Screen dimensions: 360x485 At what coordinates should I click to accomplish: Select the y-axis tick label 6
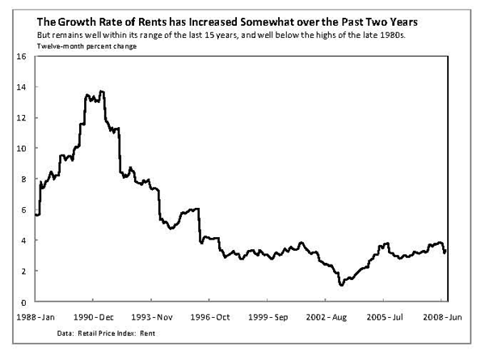(23, 210)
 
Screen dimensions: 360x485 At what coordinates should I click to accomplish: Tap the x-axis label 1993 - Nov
(152, 316)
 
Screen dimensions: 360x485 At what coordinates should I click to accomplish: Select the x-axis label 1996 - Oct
(211, 316)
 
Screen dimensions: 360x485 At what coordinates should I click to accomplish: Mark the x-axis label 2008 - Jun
(444, 316)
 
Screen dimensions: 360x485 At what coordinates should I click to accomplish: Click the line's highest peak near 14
(101, 91)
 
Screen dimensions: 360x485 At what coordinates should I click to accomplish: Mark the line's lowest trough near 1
(342, 285)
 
